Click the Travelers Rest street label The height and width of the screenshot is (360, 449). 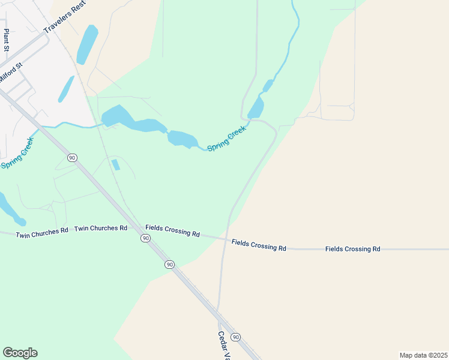point(65,17)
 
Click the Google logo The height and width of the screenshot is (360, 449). point(20,353)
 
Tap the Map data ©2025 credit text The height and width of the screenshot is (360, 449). point(423,355)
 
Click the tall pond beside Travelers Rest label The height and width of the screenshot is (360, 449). point(87,44)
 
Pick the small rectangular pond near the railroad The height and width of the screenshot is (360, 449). point(116,164)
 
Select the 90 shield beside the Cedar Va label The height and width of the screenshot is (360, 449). point(236,337)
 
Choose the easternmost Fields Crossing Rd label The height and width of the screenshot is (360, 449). point(352,248)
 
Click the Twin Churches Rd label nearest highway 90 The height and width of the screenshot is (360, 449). point(100,229)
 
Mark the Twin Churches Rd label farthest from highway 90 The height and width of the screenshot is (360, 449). point(42,232)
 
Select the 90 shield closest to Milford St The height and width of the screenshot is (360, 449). point(72,157)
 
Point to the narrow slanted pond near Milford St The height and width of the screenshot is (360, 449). point(66,89)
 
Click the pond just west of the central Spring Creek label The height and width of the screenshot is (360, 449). point(183,139)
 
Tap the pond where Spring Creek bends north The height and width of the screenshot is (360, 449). point(256,108)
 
